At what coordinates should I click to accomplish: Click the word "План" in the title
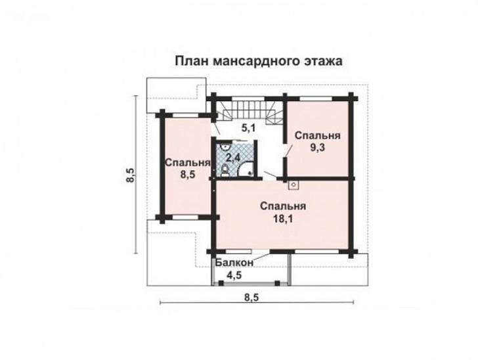[190, 62]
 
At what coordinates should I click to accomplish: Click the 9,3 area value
[317, 148]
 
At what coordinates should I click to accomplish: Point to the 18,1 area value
[282, 219]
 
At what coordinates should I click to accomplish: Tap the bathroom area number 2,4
[233, 158]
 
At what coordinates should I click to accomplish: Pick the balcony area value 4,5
[234, 275]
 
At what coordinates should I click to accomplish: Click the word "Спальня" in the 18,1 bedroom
[282, 206]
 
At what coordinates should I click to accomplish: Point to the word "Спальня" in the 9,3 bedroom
[317, 135]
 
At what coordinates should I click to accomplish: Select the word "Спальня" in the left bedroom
[187, 163]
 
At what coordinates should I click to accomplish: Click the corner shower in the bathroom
[248, 171]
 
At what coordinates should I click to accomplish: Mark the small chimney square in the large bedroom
[292, 183]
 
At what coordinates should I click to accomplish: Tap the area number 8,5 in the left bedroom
[187, 175]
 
